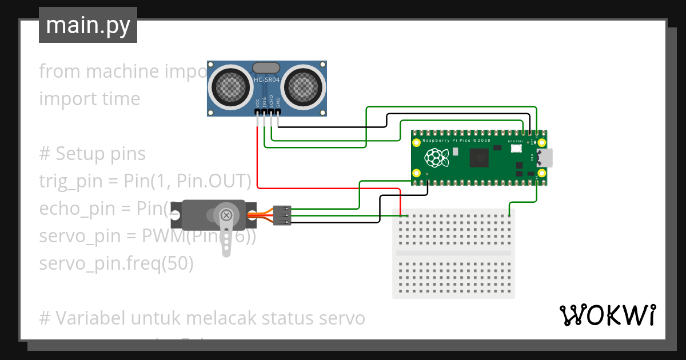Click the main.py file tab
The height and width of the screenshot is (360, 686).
88,25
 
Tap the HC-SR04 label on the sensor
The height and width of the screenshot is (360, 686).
266,81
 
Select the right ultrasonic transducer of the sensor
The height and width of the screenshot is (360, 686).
304,86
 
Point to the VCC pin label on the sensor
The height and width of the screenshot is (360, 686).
258,103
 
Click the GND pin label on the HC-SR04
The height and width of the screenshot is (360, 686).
278,103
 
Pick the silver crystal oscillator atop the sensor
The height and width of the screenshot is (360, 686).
266,67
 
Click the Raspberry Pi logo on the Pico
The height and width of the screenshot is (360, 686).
435,158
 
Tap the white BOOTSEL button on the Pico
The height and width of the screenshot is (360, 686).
516,149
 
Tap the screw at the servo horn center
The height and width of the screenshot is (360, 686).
226,215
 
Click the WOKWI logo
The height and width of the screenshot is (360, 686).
607,315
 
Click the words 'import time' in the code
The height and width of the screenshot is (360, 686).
90,99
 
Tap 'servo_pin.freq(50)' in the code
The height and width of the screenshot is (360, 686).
117,263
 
